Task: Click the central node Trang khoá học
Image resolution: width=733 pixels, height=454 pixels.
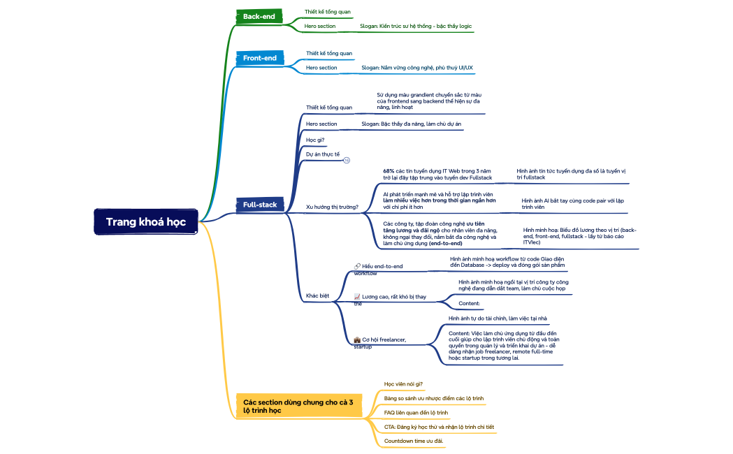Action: tap(146, 221)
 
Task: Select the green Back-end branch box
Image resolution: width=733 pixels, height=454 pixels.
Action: tap(259, 16)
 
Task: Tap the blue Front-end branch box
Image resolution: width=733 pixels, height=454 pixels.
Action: tap(259, 58)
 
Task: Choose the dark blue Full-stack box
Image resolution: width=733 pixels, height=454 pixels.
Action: tap(260, 205)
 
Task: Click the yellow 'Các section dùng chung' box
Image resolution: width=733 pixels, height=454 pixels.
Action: tap(298, 407)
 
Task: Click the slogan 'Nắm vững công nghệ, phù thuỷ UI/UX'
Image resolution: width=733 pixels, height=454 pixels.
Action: tap(416, 68)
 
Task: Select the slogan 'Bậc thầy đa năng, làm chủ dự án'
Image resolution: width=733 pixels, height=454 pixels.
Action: tap(411, 124)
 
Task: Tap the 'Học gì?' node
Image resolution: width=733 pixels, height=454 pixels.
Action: tap(315, 140)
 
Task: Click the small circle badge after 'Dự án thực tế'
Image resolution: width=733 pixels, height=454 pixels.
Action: tap(347, 160)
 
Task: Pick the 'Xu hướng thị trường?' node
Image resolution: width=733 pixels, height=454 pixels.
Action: tap(332, 207)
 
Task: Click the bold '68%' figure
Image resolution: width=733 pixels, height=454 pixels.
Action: tap(389, 170)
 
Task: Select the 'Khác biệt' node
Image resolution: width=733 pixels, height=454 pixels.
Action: tap(317, 295)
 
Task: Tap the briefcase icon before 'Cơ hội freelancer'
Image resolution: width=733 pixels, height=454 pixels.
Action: tap(357, 339)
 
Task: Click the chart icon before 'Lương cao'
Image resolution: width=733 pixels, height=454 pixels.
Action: tap(357, 297)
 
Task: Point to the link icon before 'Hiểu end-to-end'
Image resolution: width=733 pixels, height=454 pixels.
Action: tap(357, 266)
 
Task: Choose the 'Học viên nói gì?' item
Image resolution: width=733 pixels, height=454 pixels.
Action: tap(403, 383)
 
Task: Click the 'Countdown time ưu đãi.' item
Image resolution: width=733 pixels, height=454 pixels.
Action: tap(414, 441)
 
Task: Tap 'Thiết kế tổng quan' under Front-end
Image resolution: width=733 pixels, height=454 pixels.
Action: tap(329, 53)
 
